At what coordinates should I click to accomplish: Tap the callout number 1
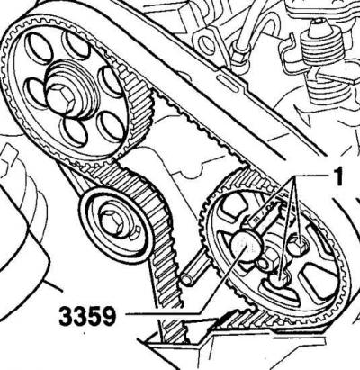[x=337, y=177]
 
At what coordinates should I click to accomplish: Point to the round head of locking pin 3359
[x=247, y=245]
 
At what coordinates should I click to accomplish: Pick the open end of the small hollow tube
[x=188, y=279]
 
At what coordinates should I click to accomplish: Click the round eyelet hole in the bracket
[x=205, y=41]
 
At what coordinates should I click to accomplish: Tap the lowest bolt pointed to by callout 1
[x=281, y=282]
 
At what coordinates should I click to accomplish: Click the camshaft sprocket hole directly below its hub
[x=75, y=132]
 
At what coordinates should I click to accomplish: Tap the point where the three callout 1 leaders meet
[x=295, y=176]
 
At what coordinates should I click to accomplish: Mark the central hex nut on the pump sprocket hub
[x=267, y=261]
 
